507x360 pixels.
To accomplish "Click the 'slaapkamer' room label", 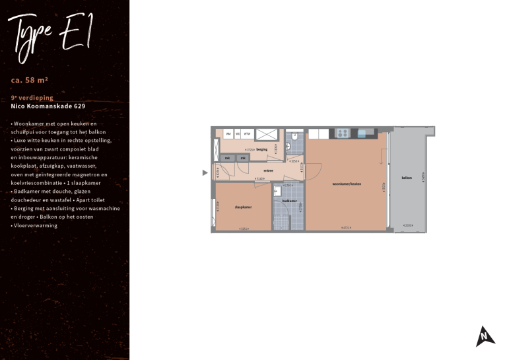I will pos(243,207).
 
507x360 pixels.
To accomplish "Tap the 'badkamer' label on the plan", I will pos(289,201).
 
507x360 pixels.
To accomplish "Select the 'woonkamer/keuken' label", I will pos(347,184).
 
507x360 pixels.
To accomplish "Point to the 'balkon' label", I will pos(407,178).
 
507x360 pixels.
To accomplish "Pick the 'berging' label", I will pos(261,150).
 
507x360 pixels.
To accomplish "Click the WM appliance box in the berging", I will pos(228,134).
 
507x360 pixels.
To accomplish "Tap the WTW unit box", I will pos(247,134).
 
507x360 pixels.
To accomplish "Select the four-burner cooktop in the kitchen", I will pos(343,133).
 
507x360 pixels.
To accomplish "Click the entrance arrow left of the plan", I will pos(205,173).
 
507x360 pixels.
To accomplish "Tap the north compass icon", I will pos(485,337).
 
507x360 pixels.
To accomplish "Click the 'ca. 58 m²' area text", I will pos(30,80).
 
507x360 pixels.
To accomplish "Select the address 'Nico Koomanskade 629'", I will pos(48,106).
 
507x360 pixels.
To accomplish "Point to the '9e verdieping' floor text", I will pos(32,98).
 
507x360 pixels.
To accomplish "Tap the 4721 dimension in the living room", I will pos(345,228).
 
